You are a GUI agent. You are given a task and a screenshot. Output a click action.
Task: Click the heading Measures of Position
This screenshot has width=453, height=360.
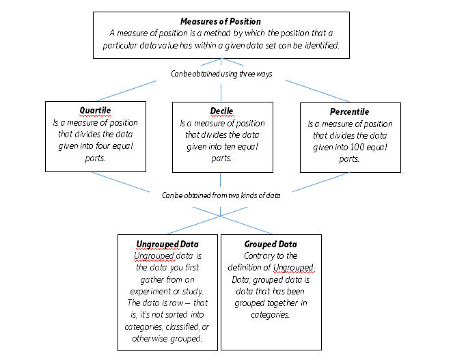pos(221,22)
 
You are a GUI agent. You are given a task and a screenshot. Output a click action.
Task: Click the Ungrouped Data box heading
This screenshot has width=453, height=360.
pos(167,245)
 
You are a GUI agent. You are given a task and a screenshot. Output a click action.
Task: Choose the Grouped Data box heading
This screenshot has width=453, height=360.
pos(271,245)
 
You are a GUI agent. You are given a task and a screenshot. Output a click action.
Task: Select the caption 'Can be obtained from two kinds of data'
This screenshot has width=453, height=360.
pos(221,195)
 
